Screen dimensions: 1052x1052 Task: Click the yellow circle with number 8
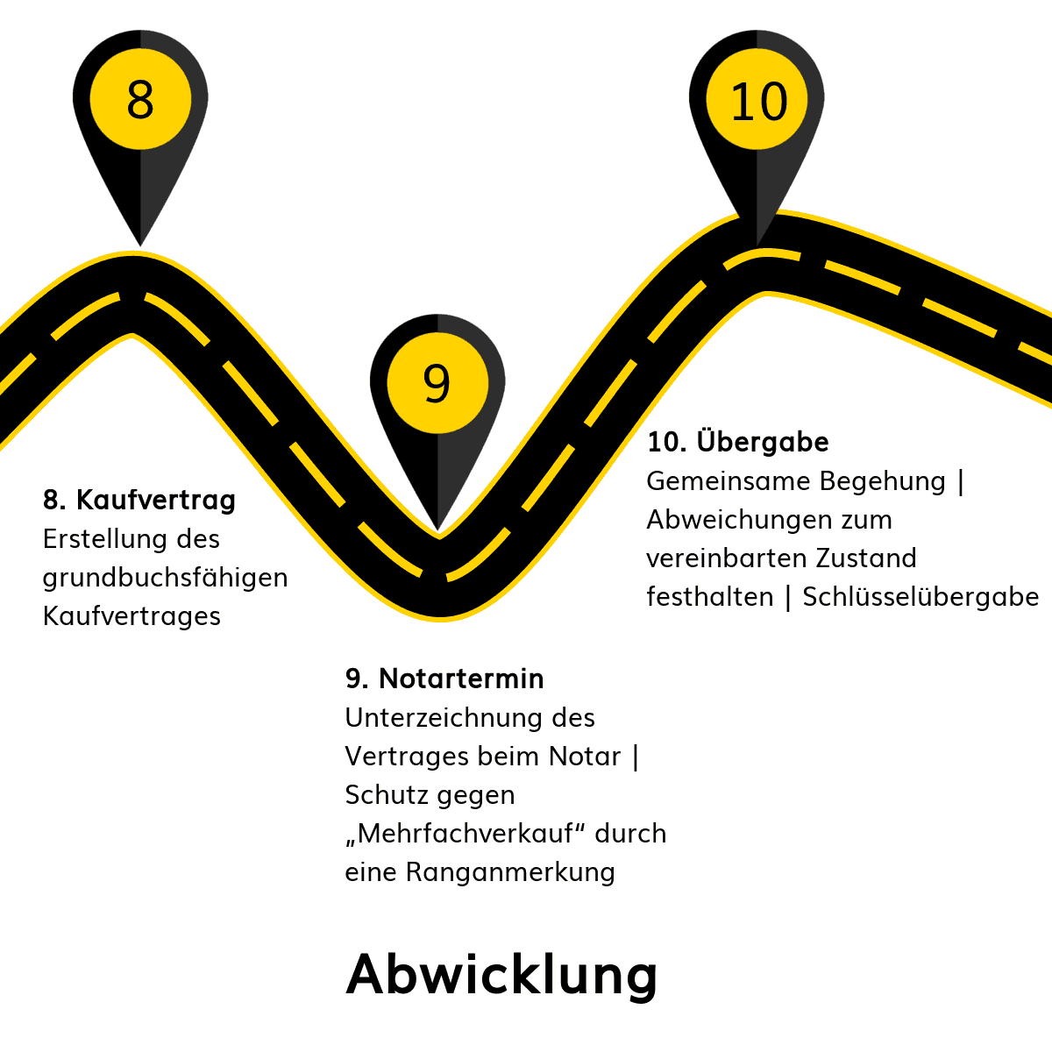tap(140, 99)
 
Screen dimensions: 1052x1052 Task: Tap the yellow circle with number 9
tap(437, 383)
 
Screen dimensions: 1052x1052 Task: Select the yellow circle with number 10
tap(757, 99)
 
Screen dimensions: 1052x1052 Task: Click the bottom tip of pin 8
tap(140, 246)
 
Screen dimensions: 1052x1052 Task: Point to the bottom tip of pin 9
tap(437, 530)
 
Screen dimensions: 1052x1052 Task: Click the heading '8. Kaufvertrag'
tap(139, 501)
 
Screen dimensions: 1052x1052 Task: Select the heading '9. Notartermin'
tap(444, 679)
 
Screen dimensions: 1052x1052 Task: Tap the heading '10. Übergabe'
tap(737, 441)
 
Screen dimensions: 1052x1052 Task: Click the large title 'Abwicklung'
tap(501, 975)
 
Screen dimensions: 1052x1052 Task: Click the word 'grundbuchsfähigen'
tap(165, 579)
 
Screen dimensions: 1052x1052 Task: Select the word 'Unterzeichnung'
tap(444, 719)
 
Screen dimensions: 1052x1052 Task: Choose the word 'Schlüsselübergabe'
tap(920, 597)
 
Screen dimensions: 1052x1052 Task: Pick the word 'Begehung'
tap(882, 482)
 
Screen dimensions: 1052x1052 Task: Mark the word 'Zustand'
tap(866, 558)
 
